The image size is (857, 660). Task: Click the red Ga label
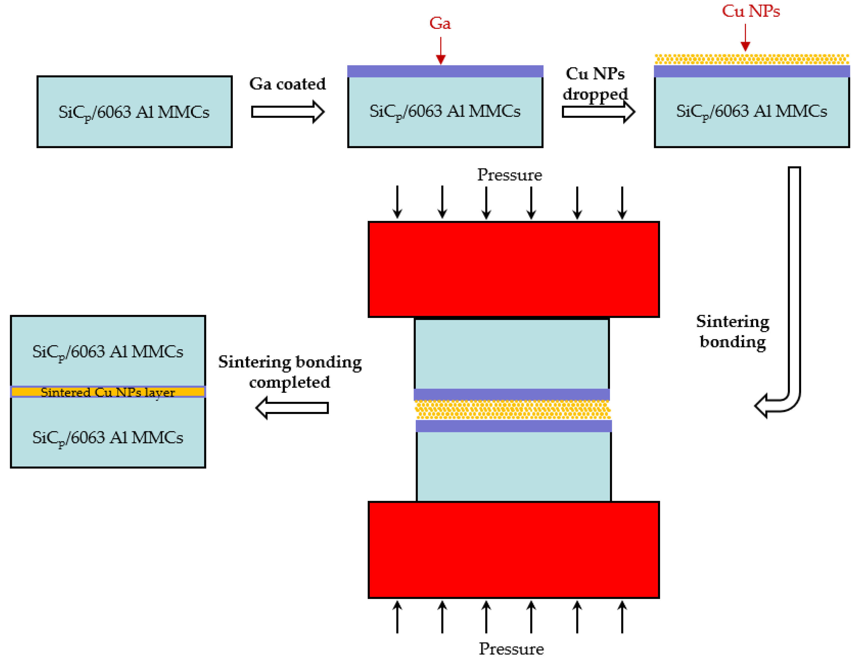(x=440, y=23)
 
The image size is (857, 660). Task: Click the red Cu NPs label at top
(x=750, y=11)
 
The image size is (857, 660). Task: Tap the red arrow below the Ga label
(x=441, y=51)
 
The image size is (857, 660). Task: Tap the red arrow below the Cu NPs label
(x=745, y=38)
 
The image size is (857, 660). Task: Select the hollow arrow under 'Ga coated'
(x=287, y=112)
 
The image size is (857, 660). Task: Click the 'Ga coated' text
(x=287, y=84)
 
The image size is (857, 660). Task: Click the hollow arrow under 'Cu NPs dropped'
(x=598, y=112)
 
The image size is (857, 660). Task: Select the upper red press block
(x=513, y=269)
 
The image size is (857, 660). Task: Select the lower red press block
(x=513, y=550)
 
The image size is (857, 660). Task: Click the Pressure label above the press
(x=509, y=175)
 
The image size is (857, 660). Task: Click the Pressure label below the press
(x=511, y=649)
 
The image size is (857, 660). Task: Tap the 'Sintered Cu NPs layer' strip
(x=108, y=392)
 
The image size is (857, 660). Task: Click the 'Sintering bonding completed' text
(x=290, y=372)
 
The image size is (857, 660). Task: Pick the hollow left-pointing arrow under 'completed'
(x=292, y=408)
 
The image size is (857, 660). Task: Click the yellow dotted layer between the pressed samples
(x=512, y=409)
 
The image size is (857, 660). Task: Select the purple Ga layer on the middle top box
(x=445, y=71)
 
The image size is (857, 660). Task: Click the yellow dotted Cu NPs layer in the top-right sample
(x=752, y=59)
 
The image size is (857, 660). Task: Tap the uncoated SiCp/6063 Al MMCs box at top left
(x=135, y=112)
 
